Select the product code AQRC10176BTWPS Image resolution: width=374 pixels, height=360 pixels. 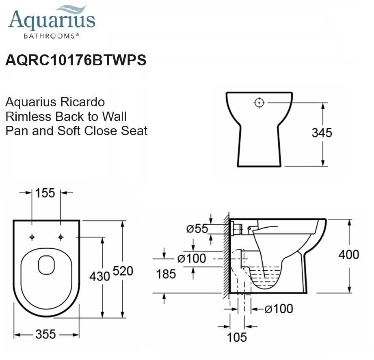tap(76, 60)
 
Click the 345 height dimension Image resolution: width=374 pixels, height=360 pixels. tap(322, 133)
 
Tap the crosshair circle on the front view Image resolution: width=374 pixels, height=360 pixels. tap(259, 103)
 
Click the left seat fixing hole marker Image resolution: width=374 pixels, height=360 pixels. tap(32, 237)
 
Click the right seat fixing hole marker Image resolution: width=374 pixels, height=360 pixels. tap(61, 237)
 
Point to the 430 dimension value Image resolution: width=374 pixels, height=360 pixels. tap(100, 276)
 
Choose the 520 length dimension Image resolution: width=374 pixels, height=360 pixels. tap(123, 271)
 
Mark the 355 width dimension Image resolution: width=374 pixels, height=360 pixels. tap(45, 334)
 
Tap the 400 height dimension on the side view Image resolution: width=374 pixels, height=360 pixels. tap(349, 254)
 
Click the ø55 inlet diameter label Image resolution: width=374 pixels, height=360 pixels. tap(197, 229)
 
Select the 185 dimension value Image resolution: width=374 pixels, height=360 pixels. tap(166, 274)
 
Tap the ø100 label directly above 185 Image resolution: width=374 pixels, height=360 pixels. tap(192, 258)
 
